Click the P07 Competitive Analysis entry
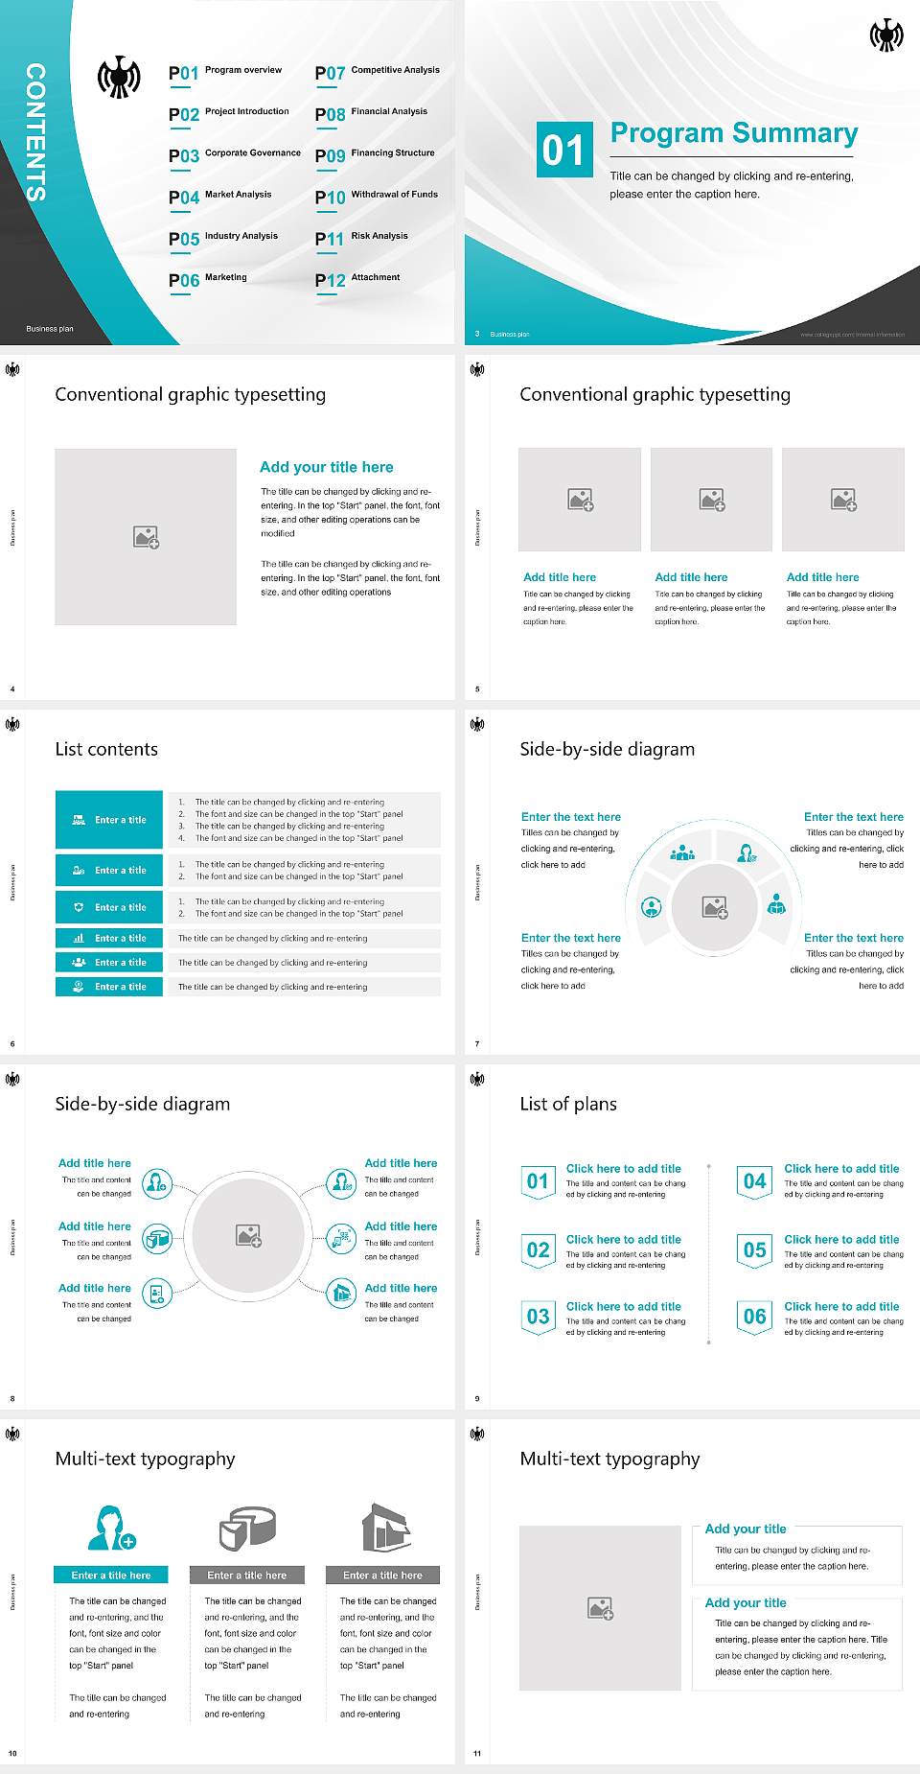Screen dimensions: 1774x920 pyautogui.click(x=378, y=72)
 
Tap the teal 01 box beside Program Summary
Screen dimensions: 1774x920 pyautogui.click(x=563, y=150)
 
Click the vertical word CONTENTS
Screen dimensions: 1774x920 pyautogui.click(x=35, y=131)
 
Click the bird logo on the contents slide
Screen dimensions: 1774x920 pyautogui.click(x=119, y=78)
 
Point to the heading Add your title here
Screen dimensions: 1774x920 pyautogui.click(x=326, y=467)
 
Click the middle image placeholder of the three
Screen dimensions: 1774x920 pyautogui.click(x=711, y=500)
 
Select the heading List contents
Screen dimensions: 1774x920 pyautogui.click(x=106, y=749)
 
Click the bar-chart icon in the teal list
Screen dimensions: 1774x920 pyautogui.click(x=79, y=938)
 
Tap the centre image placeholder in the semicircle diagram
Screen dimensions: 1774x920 pyautogui.click(x=715, y=906)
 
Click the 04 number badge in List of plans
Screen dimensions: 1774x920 pyautogui.click(x=755, y=1181)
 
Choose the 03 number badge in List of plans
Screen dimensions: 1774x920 pyautogui.click(x=538, y=1317)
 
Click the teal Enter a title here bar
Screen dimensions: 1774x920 pyautogui.click(x=111, y=1575)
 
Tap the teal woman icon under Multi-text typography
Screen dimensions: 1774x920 pyautogui.click(x=111, y=1528)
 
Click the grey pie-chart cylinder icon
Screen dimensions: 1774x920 pyautogui.click(x=247, y=1528)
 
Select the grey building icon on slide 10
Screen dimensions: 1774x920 pyautogui.click(x=385, y=1528)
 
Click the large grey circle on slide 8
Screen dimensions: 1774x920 pyautogui.click(x=249, y=1236)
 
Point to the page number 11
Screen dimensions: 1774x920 pyautogui.click(x=477, y=1753)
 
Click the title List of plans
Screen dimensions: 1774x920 pyautogui.click(x=568, y=1104)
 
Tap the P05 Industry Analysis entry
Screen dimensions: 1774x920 pyautogui.click(x=223, y=238)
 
